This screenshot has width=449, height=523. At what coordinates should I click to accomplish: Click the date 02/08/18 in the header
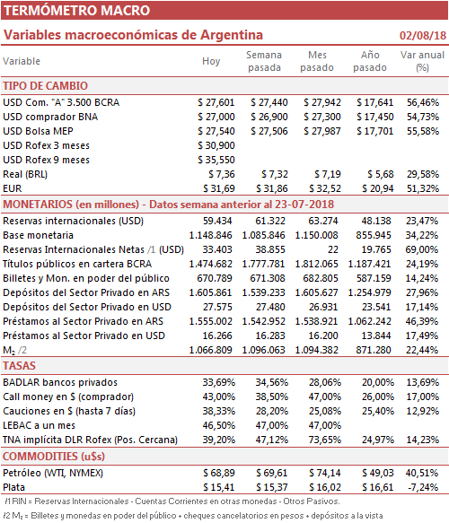423,35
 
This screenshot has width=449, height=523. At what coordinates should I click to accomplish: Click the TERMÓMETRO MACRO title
77,11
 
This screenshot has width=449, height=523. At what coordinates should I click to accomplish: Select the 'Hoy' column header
211,61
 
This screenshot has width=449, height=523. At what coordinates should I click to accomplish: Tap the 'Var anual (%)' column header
422,61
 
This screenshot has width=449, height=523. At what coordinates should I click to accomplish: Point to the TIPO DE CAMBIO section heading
46,86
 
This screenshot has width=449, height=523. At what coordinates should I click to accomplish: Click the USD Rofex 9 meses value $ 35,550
216,160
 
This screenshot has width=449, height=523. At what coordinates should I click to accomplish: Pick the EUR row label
13,188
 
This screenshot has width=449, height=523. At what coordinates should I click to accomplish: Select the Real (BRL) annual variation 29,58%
422,174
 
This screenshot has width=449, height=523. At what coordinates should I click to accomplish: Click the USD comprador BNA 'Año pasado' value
374,117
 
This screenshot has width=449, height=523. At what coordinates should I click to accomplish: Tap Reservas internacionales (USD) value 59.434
217,221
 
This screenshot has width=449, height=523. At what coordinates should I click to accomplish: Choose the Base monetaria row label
38,235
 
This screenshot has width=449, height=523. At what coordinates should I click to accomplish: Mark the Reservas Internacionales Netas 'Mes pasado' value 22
332,249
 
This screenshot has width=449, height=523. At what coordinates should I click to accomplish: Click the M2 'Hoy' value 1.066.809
210,350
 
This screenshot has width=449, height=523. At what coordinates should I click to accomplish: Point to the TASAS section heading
19,366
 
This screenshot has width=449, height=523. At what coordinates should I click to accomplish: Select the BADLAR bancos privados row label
60,382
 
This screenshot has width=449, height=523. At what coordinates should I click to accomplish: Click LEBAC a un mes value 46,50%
218,425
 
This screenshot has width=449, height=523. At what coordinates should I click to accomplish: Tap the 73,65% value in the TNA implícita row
325,440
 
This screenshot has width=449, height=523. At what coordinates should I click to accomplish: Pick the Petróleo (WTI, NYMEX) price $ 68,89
219,473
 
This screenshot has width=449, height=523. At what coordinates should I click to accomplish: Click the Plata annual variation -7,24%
423,487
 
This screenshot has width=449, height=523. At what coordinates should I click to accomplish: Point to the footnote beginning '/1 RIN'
172,501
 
